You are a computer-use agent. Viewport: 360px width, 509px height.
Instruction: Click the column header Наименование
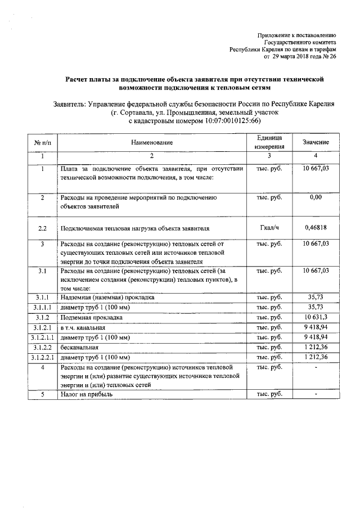[x=152, y=143]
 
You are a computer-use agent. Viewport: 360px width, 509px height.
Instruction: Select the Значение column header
[x=316, y=143]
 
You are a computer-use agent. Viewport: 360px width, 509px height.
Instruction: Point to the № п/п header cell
[x=43, y=143]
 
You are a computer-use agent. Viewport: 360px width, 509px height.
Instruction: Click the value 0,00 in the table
[x=316, y=198]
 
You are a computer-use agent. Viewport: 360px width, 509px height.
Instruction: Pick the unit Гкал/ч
[x=269, y=228]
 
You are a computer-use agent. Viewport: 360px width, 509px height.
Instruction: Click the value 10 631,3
[x=316, y=317]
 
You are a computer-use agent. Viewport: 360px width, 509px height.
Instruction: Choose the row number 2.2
[x=43, y=228]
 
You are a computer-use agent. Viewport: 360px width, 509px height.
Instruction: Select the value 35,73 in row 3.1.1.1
[x=316, y=307]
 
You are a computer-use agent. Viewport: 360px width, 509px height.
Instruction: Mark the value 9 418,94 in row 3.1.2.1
[x=316, y=327]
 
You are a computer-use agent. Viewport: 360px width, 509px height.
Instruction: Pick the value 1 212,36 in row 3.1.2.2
[x=316, y=348]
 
